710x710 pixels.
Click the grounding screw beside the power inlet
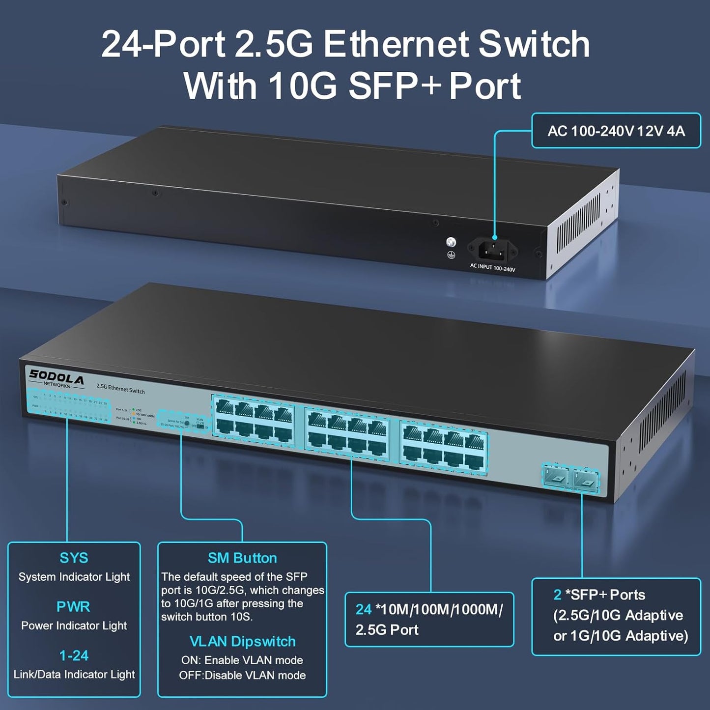point(451,242)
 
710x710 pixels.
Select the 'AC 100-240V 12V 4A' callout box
point(616,131)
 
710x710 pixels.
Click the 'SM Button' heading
point(242,558)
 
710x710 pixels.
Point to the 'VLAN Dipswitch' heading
point(242,641)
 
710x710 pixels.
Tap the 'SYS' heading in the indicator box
point(74,558)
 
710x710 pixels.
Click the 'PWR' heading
point(73,607)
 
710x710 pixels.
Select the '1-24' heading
point(74,655)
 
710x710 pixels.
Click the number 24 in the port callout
point(364,609)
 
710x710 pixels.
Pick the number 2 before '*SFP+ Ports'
point(557,595)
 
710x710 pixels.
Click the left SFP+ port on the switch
point(556,475)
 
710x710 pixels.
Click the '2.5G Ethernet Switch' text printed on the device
point(120,389)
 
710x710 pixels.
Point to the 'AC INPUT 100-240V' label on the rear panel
point(492,268)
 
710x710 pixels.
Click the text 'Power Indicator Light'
point(74,625)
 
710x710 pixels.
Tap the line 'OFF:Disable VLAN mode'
point(242,676)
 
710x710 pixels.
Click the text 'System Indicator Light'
point(74,577)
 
